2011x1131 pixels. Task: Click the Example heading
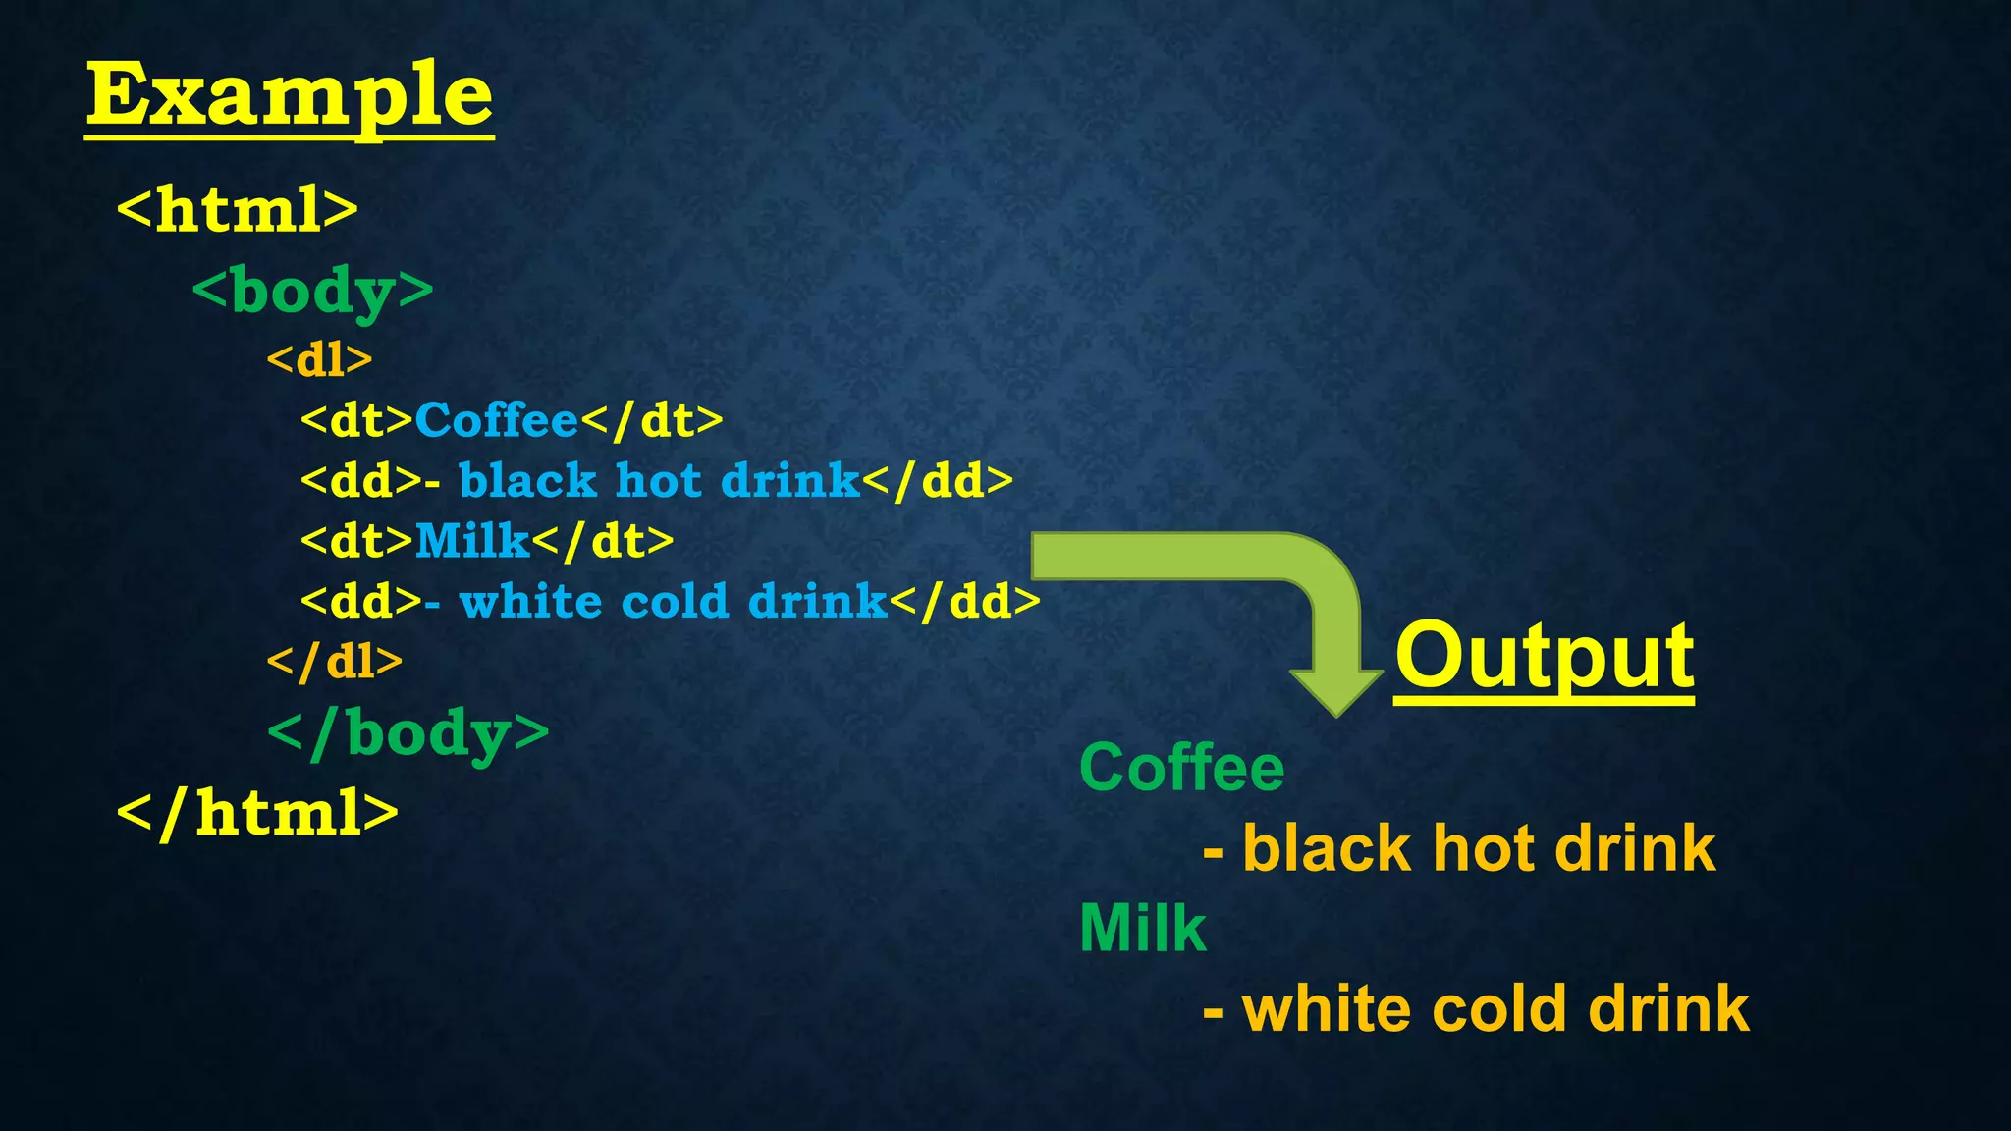[x=289, y=95]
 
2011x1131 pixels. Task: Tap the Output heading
[x=1545, y=656]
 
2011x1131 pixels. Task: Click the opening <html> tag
[x=238, y=208]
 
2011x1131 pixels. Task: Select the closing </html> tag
[x=257, y=813]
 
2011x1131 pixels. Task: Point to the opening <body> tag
[x=312, y=292]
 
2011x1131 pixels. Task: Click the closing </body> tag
[x=408, y=734]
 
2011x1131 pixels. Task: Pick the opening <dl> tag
[x=320, y=360]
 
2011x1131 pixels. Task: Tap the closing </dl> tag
[x=335, y=662]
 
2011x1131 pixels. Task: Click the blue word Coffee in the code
[x=497, y=420]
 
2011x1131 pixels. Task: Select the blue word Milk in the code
[x=472, y=541]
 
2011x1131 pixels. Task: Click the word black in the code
[x=527, y=481]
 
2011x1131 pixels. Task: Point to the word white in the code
[x=530, y=601]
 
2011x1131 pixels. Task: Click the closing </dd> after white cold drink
[x=965, y=601]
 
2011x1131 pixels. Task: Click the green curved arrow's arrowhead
[x=1335, y=691]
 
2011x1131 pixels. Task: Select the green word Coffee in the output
[x=1181, y=767]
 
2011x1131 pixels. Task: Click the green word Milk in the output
[x=1142, y=928]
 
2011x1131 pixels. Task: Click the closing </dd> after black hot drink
[x=938, y=481]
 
